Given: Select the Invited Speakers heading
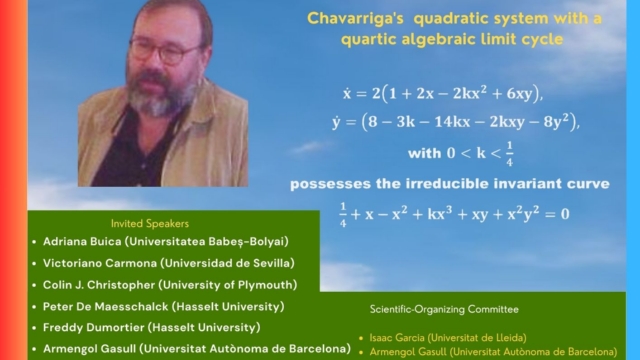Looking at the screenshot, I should tap(150, 224).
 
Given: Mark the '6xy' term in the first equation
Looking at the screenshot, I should tap(521, 94).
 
